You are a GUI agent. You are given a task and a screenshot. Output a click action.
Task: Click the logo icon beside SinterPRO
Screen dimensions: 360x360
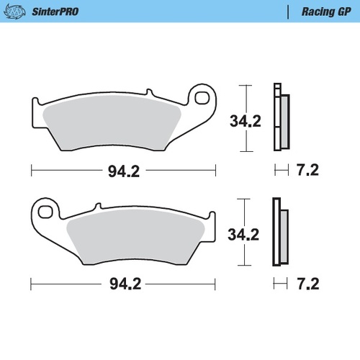[x=17, y=12]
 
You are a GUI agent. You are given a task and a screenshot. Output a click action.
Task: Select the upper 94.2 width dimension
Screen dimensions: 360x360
[x=124, y=171]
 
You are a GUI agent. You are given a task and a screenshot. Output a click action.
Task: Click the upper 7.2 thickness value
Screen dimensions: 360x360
[x=307, y=171]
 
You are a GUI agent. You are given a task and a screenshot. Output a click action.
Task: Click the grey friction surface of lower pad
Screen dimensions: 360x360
[x=137, y=238]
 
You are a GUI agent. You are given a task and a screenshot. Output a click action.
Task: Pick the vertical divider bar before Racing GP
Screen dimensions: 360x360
[x=287, y=12]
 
